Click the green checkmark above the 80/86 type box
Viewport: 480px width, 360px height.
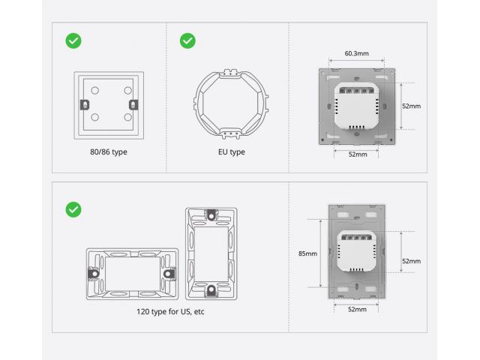(x=73, y=40)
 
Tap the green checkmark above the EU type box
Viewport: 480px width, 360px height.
(x=187, y=40)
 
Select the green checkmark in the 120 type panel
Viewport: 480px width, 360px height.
(x=73, y=210)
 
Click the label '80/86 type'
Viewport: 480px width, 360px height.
(x=109, y=152)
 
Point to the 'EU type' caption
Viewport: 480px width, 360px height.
(x=232, y=152)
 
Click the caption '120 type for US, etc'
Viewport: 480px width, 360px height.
(x=170, y=312)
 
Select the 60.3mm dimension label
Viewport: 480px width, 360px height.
(x=357, y=53)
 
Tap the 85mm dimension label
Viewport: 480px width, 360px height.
(x=307, y=253)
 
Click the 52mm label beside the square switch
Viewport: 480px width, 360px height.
(x=412, y=106)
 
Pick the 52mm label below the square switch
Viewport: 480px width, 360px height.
(x=358, y=154)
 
